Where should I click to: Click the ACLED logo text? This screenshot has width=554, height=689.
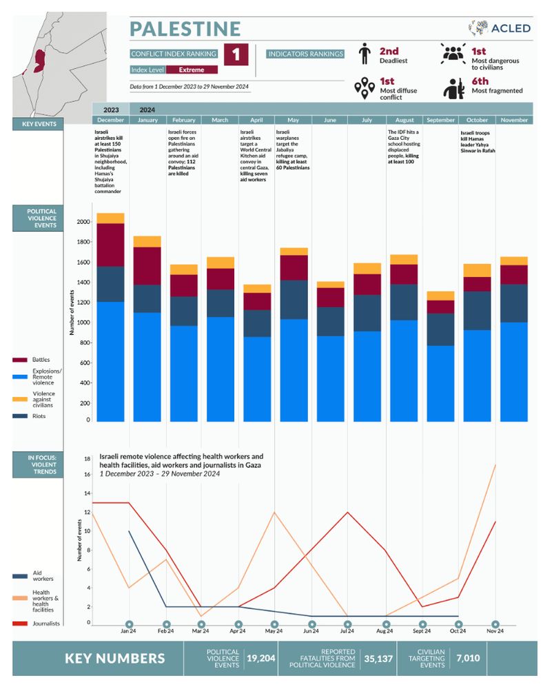511,28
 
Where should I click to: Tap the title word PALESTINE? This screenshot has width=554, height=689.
185,29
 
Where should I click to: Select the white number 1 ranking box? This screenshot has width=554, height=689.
236,54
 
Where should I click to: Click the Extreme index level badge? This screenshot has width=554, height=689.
192,70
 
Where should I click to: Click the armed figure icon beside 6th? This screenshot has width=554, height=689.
453,88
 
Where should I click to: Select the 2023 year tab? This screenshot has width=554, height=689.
111,110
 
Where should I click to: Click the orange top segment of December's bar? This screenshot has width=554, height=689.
110,218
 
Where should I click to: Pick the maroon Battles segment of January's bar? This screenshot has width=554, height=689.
147,265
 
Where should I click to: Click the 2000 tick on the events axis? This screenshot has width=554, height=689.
83,223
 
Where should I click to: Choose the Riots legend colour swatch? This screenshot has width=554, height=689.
20,416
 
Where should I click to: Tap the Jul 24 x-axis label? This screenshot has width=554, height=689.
347,631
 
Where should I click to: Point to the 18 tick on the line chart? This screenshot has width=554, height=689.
88,458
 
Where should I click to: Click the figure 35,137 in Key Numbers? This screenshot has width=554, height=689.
379,659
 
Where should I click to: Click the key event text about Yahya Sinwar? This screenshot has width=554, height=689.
478,141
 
